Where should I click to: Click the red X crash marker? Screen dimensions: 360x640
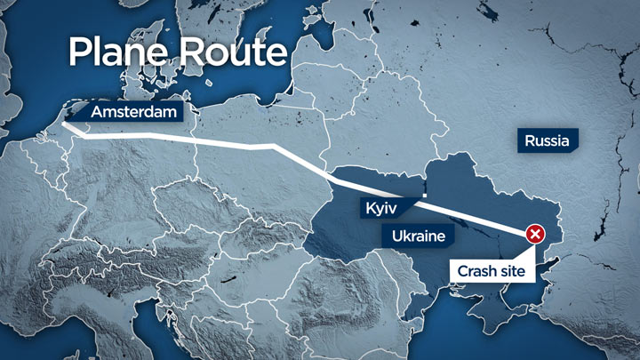pos(535,235)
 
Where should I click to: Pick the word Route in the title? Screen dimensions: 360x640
pos(233,52)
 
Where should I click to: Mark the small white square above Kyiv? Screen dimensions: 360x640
pos(425,194)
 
